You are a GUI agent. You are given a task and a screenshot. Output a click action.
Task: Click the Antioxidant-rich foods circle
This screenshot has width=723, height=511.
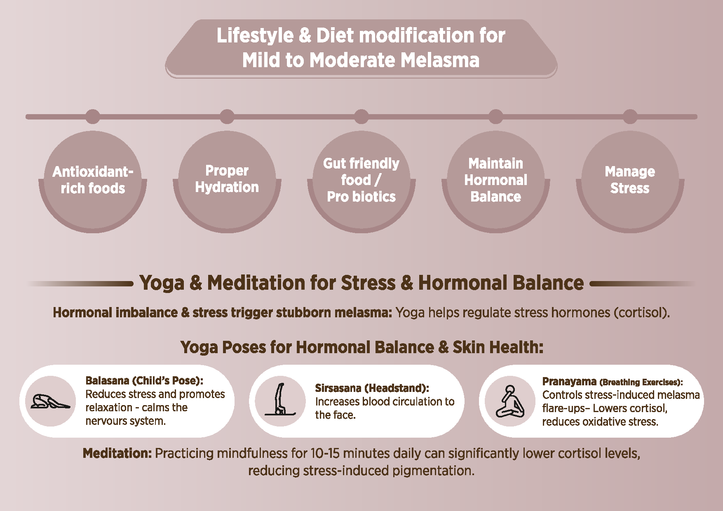[93, 181]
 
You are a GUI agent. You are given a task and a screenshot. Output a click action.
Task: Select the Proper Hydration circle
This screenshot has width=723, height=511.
[227, 181]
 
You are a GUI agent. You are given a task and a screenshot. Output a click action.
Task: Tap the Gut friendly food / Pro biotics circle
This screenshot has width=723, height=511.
[361, 181]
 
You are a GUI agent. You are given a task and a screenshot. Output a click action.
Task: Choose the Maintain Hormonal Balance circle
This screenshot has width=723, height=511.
[496, 181]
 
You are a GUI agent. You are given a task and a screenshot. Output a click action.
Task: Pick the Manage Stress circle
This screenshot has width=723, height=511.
[630, 181]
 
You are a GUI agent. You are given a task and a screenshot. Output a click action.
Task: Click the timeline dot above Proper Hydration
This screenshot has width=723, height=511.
[227, 117]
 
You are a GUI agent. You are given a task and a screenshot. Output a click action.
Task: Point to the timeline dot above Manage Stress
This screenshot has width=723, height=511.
[630, 117]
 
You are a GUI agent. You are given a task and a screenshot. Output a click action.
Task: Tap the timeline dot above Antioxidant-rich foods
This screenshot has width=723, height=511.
[93, 117]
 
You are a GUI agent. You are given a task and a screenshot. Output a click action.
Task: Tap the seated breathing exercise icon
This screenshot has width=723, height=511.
[510, 401]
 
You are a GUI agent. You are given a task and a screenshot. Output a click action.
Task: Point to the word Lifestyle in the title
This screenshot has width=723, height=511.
[255, 35]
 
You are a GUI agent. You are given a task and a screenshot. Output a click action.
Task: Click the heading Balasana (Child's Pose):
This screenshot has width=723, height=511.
[144, 380]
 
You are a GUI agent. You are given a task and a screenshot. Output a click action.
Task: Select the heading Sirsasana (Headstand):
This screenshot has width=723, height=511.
[372, 388]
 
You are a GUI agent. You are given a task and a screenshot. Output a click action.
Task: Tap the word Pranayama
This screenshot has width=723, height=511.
[569, 382]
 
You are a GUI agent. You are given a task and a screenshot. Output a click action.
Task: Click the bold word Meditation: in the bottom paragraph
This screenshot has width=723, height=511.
[117, 453]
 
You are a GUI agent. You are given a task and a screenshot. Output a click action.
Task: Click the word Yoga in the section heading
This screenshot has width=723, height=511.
[162, 283]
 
